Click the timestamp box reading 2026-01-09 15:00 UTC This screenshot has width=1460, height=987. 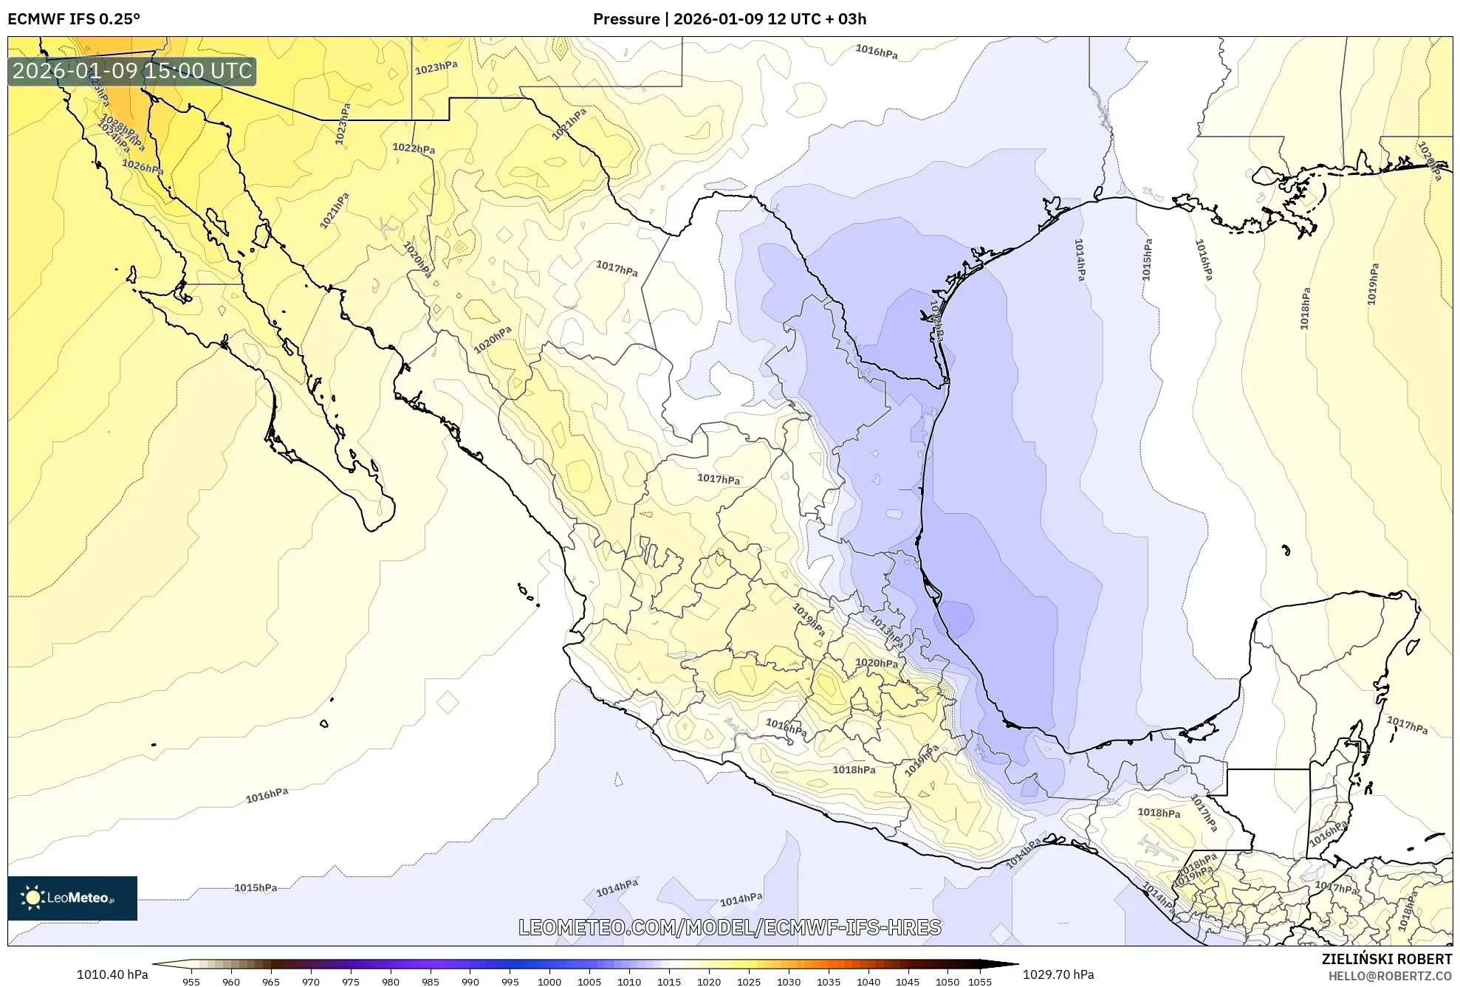click(131, 71)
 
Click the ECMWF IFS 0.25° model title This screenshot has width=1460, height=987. click(74, 19)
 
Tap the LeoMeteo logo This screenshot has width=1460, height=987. click(72, 898)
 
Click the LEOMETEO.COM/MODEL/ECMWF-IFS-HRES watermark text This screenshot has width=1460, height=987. click(730, 927)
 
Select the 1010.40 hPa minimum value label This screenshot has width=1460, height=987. click(112, 974)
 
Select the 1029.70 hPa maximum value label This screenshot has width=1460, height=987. click(1058, 974)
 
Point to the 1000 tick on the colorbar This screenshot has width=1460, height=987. click(549, 982)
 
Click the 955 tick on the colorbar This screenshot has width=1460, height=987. click(191, 982)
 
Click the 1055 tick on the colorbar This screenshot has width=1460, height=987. click(979, 982)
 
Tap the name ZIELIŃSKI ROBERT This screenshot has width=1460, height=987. click(1386, 959)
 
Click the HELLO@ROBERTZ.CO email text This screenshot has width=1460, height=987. click(1390, 976)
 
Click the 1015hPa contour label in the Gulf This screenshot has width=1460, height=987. click(1146, 259)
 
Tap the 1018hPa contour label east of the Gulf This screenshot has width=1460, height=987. click(1305, 309)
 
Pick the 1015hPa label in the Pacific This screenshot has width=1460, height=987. click(256, 887)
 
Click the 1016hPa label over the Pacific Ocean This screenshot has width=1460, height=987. click(267, 795)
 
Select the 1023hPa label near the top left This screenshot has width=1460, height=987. click(436, 67)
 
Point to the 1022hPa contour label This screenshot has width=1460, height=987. click(414, 148)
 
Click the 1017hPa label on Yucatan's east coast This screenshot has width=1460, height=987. click(1407, 725)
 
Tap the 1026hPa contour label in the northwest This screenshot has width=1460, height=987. click(143, 167)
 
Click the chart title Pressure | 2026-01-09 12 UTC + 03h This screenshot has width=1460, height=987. click(730, 19)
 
